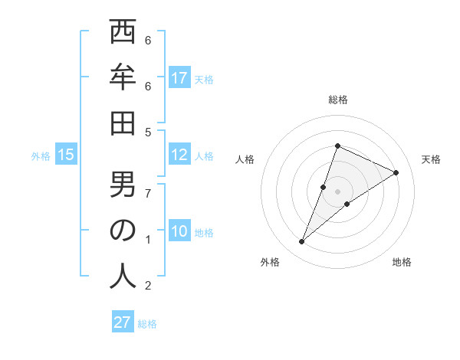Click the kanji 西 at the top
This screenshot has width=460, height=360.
point(123,32)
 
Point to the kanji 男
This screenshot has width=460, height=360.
point(123,185)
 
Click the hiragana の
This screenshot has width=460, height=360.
point(123,231)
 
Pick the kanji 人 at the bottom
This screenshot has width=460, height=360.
point(123,277)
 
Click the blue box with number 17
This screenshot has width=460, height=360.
point(179,77)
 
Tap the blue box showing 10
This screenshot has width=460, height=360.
point(179,232)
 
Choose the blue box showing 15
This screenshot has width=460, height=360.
point(66,155)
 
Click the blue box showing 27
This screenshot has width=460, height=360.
point(123,322)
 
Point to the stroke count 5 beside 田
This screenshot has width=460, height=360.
point(148,132)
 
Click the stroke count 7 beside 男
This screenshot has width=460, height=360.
point(148,193)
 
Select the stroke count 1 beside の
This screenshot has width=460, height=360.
point(148,240)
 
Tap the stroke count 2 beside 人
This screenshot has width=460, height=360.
point(148,286)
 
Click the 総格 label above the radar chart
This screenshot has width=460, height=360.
point(337,100)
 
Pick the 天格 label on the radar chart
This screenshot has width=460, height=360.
point(431,159)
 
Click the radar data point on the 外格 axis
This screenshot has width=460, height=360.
point(302,242)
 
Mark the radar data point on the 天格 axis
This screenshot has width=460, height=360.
point(396,173)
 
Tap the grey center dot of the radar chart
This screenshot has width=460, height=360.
point(337,191)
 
